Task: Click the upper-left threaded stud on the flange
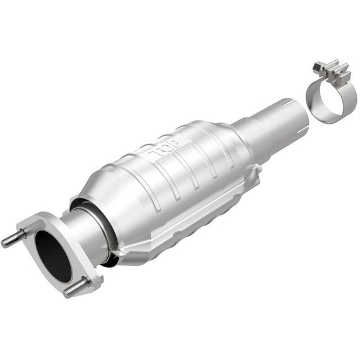tap(14, 239)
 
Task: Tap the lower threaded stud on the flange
tap(76, 287)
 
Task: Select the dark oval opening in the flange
tap(53, 256)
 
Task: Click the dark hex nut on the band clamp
tap(318, 66)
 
